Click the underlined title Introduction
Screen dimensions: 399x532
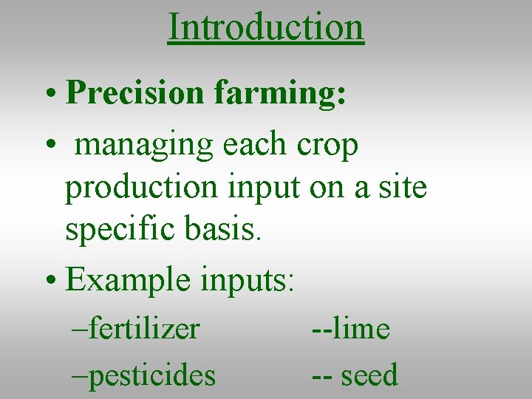tap(266, 27)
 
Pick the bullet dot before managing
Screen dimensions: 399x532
tap(48, 146)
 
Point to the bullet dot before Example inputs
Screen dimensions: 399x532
tap(48, 281)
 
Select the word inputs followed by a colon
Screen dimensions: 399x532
tap(248, 281)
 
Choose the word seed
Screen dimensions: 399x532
tap(369, 375)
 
